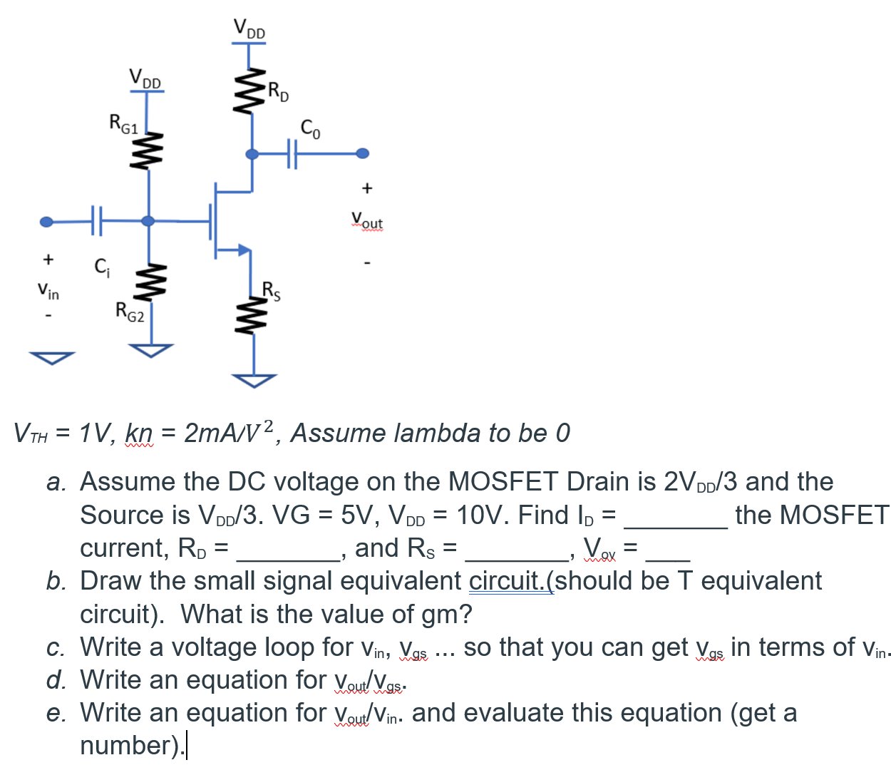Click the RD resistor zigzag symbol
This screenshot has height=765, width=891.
(x=249, y=91)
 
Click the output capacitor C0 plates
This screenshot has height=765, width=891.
(x=292, y=153)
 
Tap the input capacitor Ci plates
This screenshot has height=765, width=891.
(x=97, y=221)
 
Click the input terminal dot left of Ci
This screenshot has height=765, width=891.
(x=46, y=222)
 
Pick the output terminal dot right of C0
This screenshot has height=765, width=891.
(x=363, y=153)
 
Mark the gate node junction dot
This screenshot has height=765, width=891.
(x=148, y=221)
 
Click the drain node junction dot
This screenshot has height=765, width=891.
(x=252, y=154)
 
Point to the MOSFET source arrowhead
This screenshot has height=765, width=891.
(x=244, y=250)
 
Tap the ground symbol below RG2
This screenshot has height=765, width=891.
(x=151, y=350)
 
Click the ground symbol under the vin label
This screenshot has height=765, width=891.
(x=52, y=358)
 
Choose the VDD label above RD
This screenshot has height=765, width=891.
(x=249, y=29)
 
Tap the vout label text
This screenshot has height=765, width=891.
(x=367, y=220)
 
